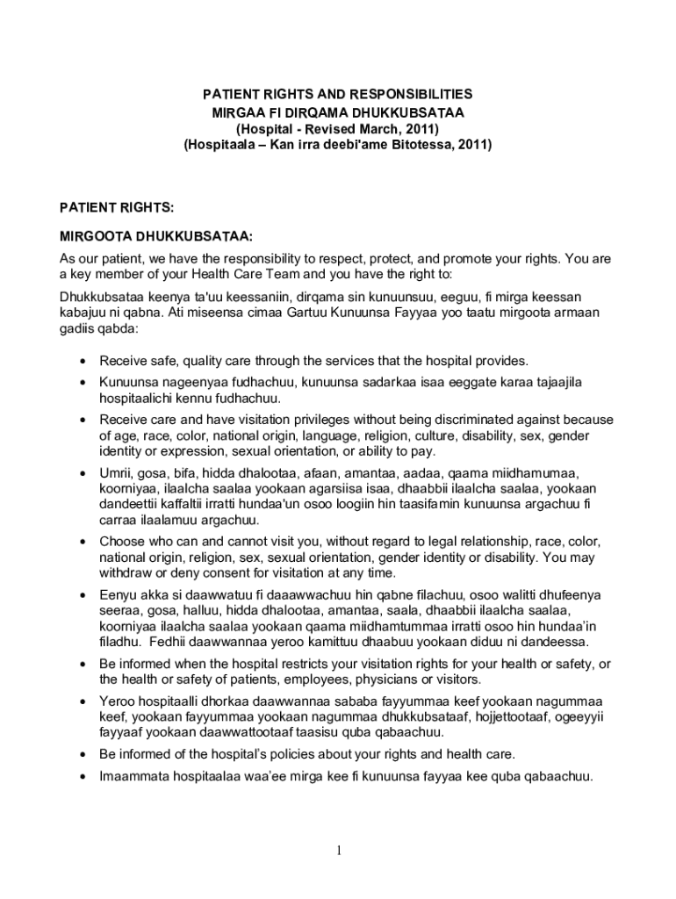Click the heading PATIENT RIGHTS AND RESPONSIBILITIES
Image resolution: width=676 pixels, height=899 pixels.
click(x=338, y=94)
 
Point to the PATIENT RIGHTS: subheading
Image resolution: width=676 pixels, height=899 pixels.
click(x=116, y=207)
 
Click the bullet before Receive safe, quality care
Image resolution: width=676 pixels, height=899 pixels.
click(x=82, y=362)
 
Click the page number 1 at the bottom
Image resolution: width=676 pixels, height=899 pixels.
click(x=338, y=852)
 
